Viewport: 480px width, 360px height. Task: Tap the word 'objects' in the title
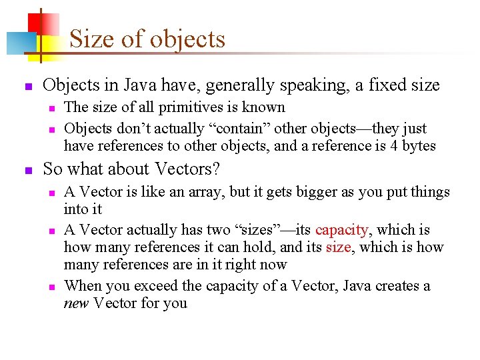(187, 39)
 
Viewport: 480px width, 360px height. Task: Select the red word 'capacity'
(341, 230)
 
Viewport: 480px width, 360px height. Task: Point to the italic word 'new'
(77, 303)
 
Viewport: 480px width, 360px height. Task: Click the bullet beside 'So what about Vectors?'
(27, 171)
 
